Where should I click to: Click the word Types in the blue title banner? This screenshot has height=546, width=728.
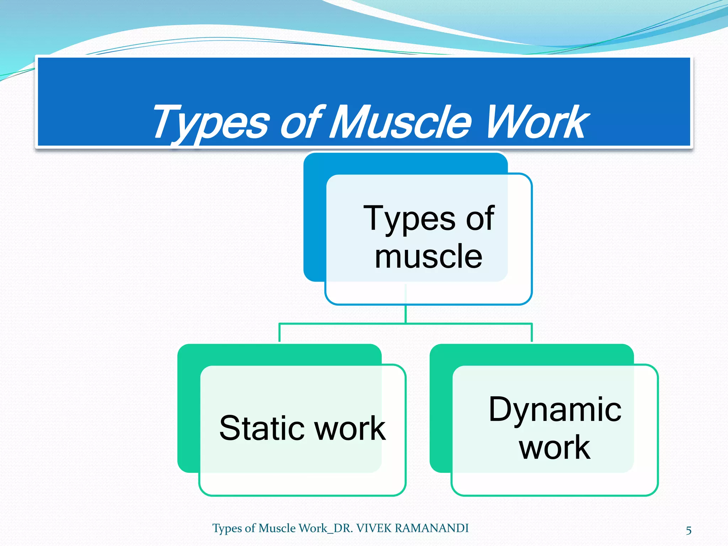click(210, 123)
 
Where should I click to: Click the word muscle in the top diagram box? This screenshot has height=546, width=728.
click(428, 257)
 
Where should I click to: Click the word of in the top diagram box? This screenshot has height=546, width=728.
click(480, 219)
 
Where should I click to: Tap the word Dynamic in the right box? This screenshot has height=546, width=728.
click(555, 410)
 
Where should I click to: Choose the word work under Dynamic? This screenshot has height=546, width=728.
click(555, 448)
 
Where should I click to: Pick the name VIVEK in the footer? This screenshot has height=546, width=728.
click(373, 529)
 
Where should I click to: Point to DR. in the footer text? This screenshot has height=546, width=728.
click(343, 529)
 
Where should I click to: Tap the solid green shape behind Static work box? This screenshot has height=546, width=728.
click(188, 409)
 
